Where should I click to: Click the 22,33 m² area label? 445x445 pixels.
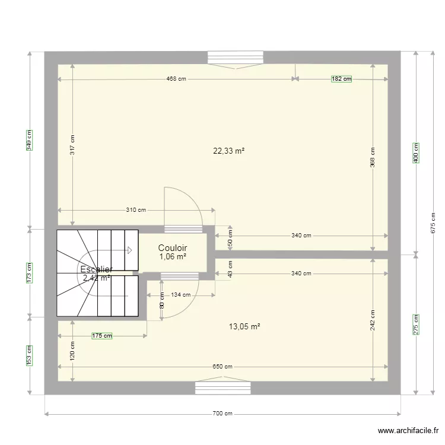click(x=229, y=151)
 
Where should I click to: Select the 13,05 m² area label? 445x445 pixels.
click(x=244, y=326)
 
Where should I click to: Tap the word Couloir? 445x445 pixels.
click(x=173, y=248)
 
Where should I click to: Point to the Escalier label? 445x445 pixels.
click(x=96, y=270)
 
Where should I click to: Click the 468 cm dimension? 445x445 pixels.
click(x=176, y=78)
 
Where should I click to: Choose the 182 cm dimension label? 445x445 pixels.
click(x=341, y=78)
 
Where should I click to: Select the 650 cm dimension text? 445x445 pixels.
click(x=223, y=367)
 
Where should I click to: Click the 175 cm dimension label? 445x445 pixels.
click(x=102, y=336)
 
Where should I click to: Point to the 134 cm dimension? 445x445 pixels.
click(x=181, y=295)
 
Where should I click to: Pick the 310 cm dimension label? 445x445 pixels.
click(x=136, y=210)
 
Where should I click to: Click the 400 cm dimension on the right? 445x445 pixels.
click(x=416, y=153)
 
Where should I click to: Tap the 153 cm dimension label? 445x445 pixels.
click(x=29, y=355)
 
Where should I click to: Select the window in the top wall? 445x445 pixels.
click(x=235, y=58)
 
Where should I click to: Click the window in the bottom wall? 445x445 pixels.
click(x=223, y=388)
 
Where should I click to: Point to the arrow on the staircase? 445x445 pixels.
click(x=128, y=250)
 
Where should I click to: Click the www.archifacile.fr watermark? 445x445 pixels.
click(x=408, y=431)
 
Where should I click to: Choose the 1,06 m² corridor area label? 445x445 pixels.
click(x=173, y=257)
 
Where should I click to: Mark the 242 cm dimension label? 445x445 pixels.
click(x=373, y=321)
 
